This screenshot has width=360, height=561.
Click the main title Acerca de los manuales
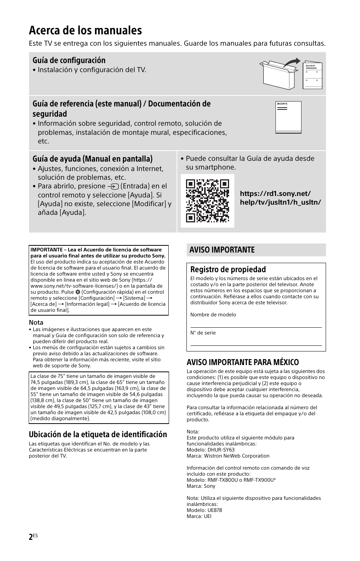click(85, 30)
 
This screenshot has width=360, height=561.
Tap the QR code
click(208, 200)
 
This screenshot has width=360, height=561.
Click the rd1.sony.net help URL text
click(280, 198)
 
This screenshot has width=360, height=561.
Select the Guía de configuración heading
click(69, 60)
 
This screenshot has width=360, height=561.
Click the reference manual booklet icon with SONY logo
click(288, 117)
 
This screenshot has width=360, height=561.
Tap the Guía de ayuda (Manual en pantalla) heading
click(92, 159)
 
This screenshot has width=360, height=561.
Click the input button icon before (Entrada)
click(113, 186)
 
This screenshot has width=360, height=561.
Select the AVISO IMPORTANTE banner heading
click(222, 250)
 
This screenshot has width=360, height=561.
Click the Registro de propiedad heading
click(228, 269)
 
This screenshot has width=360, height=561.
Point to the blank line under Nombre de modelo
click(256, 327)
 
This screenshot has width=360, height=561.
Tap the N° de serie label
click(203, 333)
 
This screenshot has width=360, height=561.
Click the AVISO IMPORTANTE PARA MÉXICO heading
click(243, 362)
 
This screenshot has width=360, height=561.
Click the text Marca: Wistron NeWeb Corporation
click(228, 456)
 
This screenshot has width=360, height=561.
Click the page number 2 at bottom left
click(31, 537)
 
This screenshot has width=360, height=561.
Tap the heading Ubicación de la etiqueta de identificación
click(98, 434)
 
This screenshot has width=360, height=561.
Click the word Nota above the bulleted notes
click(36, 322)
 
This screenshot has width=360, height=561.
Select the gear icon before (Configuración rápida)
click(78, 292)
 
